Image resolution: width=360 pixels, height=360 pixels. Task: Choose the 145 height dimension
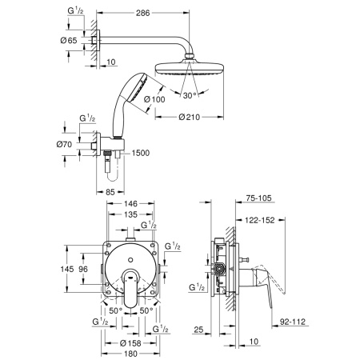point(68,269)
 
